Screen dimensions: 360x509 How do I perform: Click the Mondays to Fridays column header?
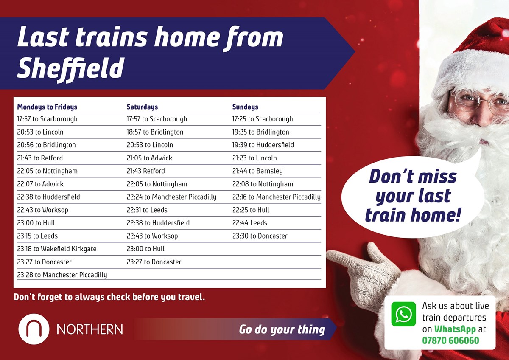coord(47,107)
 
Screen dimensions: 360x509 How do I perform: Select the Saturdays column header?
coord(142,107)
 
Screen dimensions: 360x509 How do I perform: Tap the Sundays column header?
coord(245,107)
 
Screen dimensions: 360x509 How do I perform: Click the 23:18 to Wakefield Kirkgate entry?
coord(57,249)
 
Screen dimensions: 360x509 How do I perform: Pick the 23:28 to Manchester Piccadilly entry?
coord(62,275)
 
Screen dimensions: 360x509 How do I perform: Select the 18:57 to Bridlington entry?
coord(155,132)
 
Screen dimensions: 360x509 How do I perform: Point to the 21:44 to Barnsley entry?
coord(257,171)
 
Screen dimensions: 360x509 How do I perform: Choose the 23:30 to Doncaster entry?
coord(260,236)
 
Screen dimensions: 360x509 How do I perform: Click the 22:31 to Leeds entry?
coord(147,210)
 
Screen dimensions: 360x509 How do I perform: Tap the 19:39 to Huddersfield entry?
coord(263,145)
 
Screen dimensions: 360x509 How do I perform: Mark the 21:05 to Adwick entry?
coord(149,158)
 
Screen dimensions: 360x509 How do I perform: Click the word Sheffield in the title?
coord(70,68)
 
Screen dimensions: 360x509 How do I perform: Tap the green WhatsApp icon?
coord(403,314)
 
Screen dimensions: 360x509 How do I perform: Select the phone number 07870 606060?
coord(450,340)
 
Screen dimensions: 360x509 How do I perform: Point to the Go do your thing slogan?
coord(282,329)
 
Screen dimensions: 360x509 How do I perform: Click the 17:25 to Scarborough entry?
coord(262,119)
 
